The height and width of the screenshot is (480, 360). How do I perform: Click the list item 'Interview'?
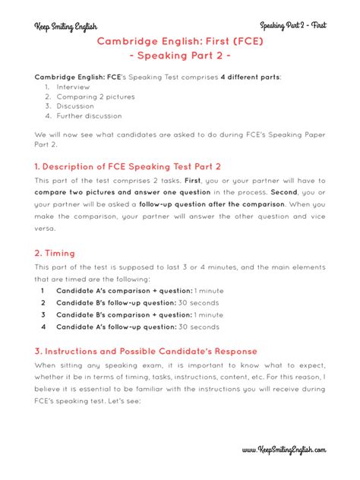[x=73, y=87]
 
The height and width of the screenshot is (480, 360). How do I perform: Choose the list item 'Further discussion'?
[x=89, y=116]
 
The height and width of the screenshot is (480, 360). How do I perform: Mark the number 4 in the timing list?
[x=43, y=327]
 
